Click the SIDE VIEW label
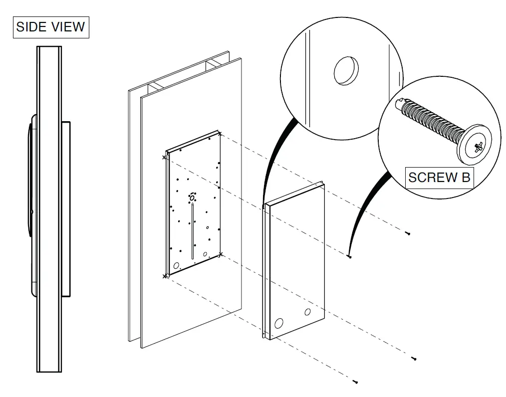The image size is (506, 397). tap(50, 27)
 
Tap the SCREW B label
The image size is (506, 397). tap(439, 177)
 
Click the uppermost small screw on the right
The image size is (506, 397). tap(408, 233)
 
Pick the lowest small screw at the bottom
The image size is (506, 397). tap(355, 382)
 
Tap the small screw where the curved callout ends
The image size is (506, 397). tap(349, 256)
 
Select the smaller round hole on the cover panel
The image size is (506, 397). tap(308, 312)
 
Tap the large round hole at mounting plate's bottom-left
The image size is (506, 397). tap(176, 265)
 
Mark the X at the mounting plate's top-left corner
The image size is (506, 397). tap(165, 157)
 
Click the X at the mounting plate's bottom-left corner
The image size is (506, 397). tap(165, 275)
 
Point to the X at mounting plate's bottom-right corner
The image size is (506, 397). tap(221, 255)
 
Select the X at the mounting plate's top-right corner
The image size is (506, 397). tap(220, 133)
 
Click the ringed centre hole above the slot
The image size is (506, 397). tap(192, 198)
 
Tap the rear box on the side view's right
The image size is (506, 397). tap(66, 208)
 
